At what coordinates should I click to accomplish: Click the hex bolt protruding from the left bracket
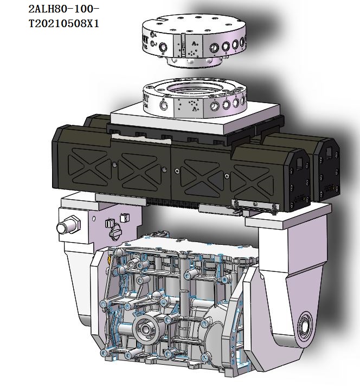pyautogui.click(x=68, y=224)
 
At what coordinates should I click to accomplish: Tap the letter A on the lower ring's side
pyautogui.click(x=194, y=108)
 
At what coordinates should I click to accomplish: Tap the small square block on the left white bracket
pyautogui.click(x=125, y=217)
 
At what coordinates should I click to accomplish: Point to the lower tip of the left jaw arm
pyautogui.click(x=78, y=293)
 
